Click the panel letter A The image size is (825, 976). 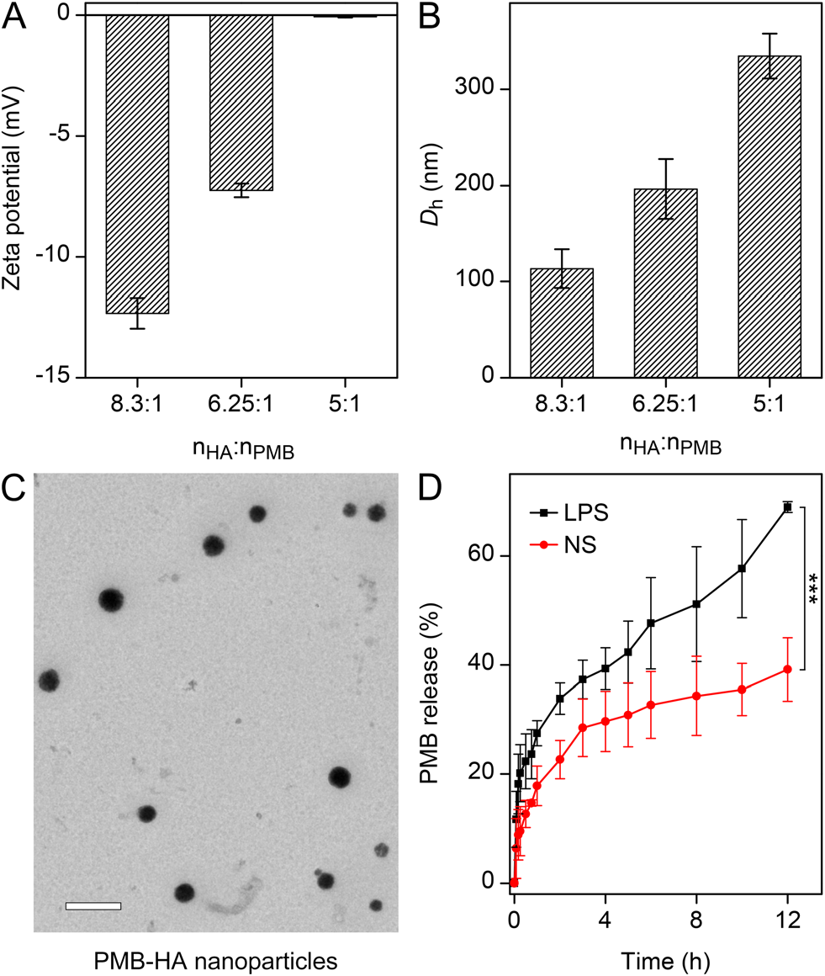tap(17, 18)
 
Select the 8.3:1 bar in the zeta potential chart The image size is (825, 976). tap(137, 164)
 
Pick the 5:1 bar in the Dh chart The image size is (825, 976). tap(769, 216)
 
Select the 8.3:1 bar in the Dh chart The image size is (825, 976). tap(561, 323)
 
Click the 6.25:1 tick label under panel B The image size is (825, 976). tap(665, 406)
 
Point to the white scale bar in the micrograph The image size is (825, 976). tap(93, 906)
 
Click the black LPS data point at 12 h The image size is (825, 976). tap(788, 507)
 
